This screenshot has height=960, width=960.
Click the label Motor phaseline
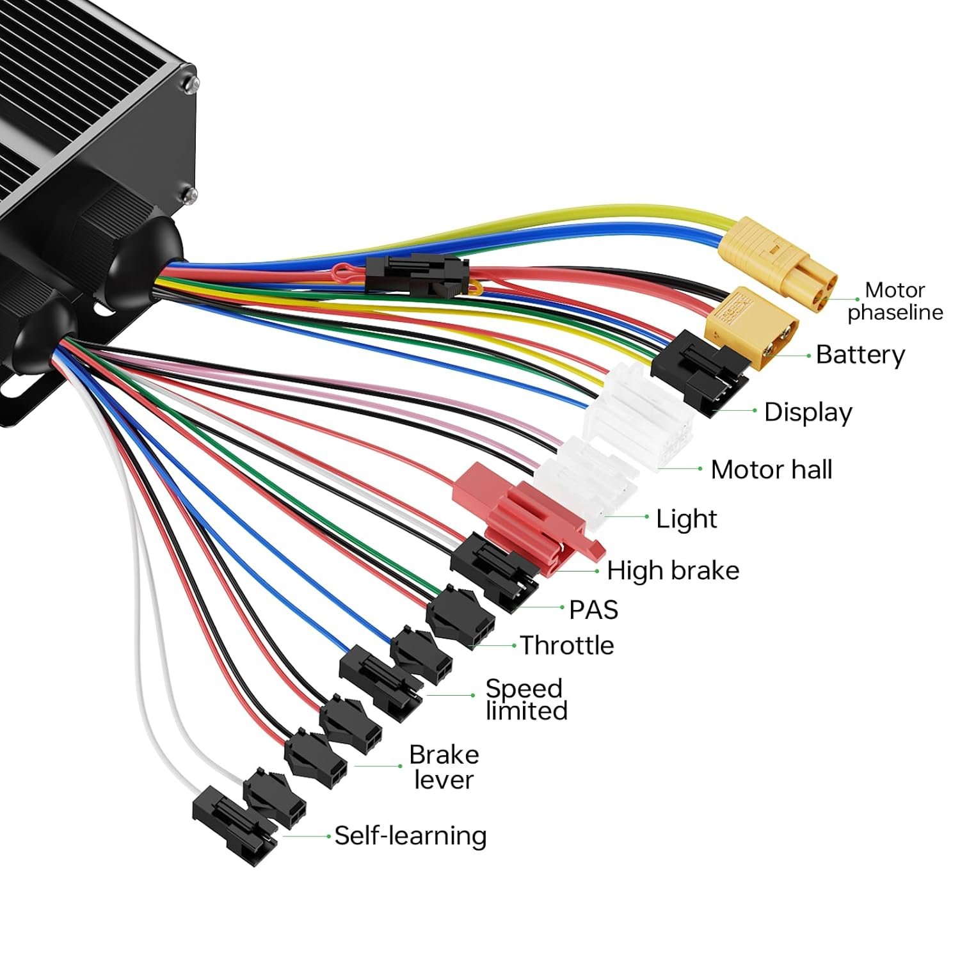[x=895, y=301]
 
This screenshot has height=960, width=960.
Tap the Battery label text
[x=860, y=355]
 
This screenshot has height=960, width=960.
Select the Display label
[x=808, y=412]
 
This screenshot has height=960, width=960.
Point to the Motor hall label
[x=771, y=470]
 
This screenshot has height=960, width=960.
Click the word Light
[x=687, y=518]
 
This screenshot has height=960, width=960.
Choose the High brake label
[x=673, y=570]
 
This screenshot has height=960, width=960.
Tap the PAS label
[x=593, y=609]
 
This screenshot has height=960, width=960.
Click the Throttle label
[x=566, y=645]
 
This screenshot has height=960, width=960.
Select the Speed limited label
[x=526, y=700]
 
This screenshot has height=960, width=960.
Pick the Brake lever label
[x=444, y=767]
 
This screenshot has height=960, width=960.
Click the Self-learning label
[x=410, y=836]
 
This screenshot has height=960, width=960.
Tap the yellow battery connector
[x=752, y=328]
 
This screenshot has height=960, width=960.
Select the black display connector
[x=700, y=372]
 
